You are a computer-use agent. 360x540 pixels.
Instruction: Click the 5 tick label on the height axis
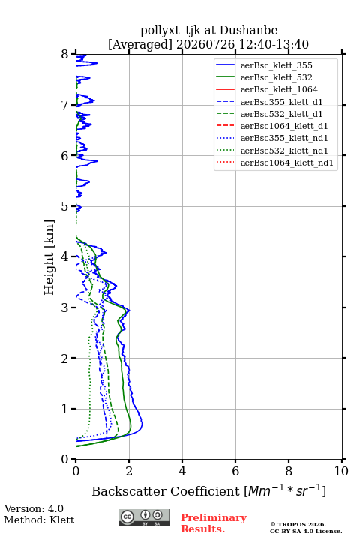65,207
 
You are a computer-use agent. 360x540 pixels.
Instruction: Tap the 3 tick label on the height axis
65,307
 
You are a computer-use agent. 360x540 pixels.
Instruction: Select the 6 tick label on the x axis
235,471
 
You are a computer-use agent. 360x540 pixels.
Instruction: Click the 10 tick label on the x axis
341,471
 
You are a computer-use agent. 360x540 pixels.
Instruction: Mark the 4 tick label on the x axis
182,471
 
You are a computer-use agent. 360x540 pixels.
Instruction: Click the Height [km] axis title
49,257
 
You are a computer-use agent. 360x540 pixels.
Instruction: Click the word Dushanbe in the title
249,30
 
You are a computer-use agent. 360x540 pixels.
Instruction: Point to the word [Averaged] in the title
140,45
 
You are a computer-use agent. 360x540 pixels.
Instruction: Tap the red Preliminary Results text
214,523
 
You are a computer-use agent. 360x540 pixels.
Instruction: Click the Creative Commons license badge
144,518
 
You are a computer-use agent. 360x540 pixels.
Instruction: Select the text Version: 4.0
34,508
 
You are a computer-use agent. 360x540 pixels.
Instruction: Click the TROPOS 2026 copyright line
298,525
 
